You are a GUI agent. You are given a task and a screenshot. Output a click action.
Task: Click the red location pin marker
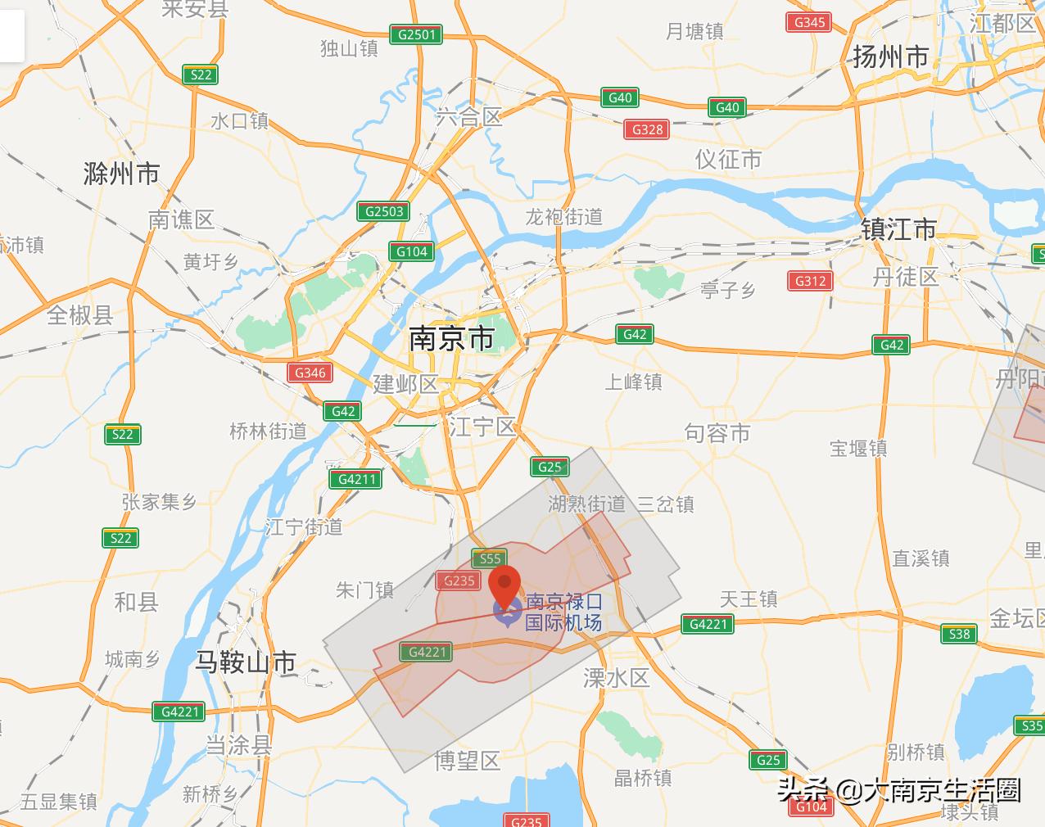click(x=504, y=585)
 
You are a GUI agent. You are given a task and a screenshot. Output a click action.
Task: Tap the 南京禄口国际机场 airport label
click(x=563, y=612)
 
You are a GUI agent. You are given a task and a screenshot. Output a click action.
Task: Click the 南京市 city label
click(x=451, y=338)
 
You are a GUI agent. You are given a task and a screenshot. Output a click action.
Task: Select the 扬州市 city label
click(x=891, y=56)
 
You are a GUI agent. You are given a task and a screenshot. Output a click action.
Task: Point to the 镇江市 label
click(x=898, y=229)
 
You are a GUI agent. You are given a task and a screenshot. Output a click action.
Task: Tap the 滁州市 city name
click(x=121, y=174)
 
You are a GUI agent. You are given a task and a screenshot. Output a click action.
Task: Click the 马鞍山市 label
click(x=246, y=662)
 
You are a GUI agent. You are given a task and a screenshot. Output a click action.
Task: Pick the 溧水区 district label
click(x=616, y=677)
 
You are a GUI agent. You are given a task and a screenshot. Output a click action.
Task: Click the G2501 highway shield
click(x=417, y=34)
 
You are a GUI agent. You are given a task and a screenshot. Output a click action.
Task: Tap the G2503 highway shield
click(x=384, y=211)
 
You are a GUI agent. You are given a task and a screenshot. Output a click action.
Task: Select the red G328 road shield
click(x=648, y=129)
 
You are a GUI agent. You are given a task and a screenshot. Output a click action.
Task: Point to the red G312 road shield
click(x=811, y=281)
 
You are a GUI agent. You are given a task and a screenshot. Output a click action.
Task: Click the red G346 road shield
click(x=310, y=373)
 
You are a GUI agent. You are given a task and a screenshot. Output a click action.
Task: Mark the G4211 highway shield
click(x=357, y=479)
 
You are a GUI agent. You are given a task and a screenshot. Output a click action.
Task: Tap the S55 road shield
click(x=490, y=558)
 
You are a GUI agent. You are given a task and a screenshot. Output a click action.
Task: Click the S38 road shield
click(x=959, y=634)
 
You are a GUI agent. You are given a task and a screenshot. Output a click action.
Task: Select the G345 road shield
click(x=809, y=22)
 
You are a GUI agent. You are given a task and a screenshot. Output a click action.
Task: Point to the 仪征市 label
click(x=728, y=159)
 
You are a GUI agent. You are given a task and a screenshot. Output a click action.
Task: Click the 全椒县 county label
click(x=79, y=314)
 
